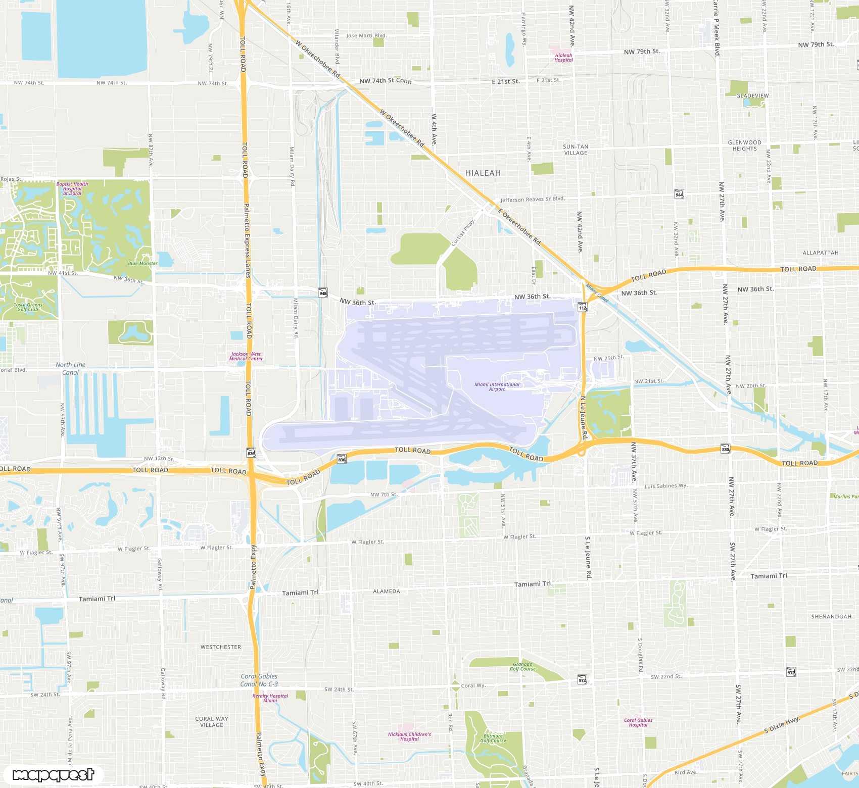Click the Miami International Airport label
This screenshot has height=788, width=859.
point(497,386)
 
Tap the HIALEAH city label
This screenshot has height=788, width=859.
point(483,173)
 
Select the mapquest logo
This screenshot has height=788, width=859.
point(53,775)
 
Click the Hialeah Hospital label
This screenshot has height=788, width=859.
point(563,58)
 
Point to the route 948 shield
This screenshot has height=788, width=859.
point(323,292)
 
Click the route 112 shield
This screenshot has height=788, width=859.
point(583,307)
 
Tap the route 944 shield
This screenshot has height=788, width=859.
point(679,194)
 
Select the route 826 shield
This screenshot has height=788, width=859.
point(251,453)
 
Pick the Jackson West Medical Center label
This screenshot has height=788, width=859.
point(246,356)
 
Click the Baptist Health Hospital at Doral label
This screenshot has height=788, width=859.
point(72,188)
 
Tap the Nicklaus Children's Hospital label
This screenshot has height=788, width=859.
point(409,736)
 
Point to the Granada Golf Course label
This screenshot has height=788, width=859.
point(522,666)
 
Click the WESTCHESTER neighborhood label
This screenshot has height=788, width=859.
point(221,647)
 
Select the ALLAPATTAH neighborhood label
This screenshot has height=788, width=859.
point(820,253)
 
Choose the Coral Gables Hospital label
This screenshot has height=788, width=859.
point(638,722)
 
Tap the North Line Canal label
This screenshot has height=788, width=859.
point(71,368)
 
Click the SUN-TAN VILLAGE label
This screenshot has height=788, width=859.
point(576,150)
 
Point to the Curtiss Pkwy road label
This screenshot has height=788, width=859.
point(463,233)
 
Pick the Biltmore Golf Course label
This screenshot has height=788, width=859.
point(493,738)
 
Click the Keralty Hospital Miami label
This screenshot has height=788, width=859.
point(270,698)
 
